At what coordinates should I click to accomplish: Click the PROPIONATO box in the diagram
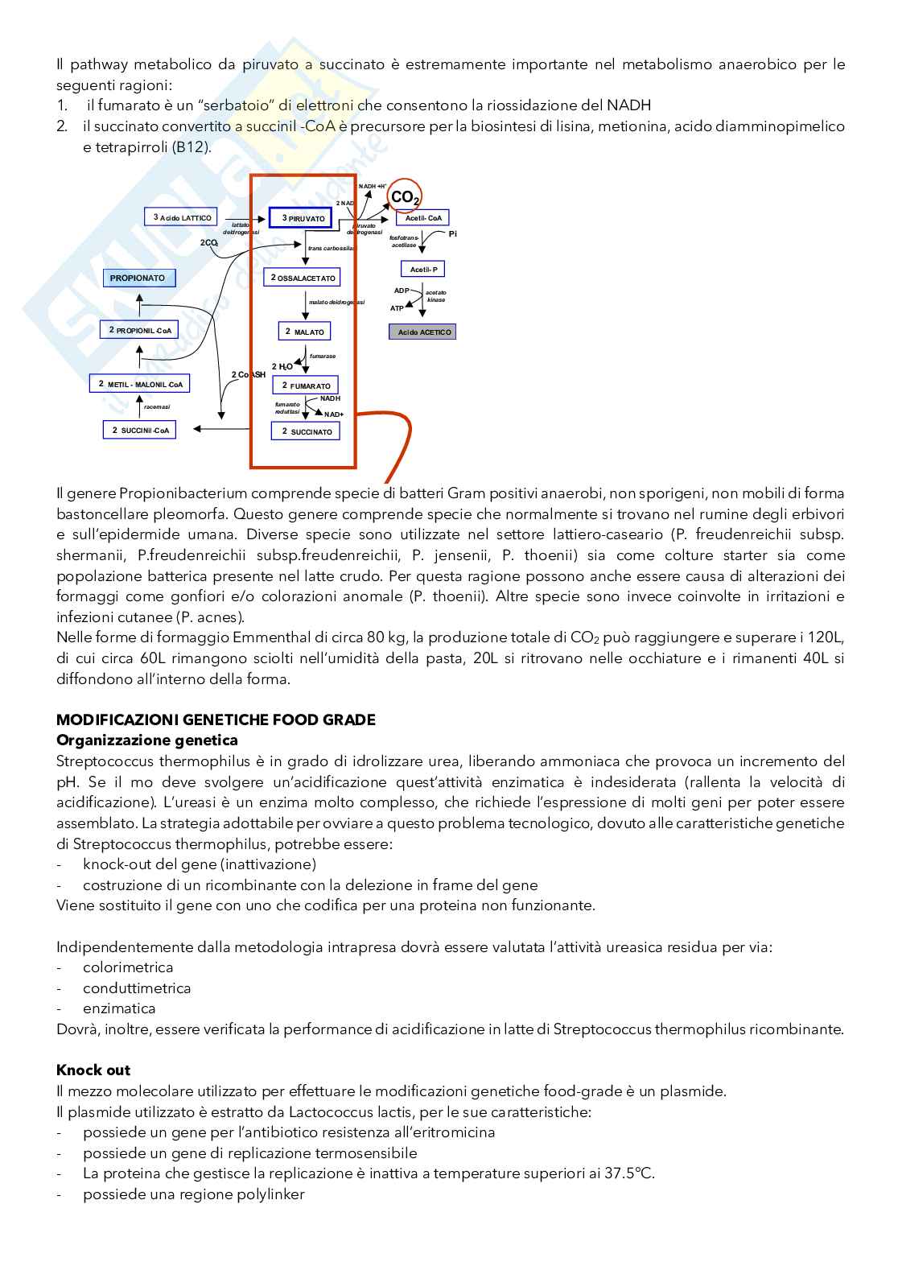point(138,278)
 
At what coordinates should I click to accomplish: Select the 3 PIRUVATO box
point(300,218)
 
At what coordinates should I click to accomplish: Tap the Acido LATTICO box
point(182,217)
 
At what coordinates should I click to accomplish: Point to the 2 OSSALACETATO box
point(303,278)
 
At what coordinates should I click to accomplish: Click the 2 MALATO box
point(304,332)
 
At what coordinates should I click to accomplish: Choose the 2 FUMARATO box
point(305,386)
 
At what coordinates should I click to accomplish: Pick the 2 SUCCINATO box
point(306,431)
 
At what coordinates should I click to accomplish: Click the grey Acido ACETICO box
point(422,332)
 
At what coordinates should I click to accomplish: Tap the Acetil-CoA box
point(422,218)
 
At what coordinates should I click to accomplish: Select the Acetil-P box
point(422,269)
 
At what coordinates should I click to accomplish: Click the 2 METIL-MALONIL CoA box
point(140,384)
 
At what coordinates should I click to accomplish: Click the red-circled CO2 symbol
point(404,197)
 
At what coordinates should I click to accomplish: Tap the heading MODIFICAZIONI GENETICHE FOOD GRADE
point(216,720)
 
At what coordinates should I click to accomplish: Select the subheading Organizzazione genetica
point(147,740)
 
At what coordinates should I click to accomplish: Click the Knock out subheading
point(93,1070)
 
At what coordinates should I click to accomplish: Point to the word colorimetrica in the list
point(128,967)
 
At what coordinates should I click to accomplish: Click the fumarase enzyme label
point(323,356)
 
